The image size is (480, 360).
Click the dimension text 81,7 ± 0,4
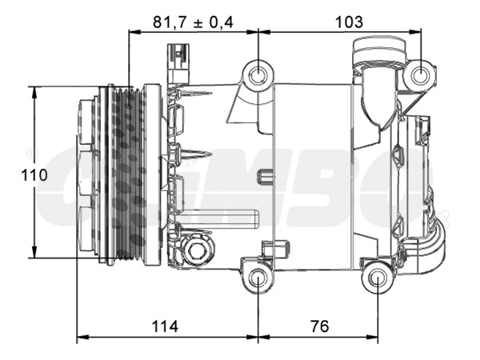pyautogui.click(x=193, y=22)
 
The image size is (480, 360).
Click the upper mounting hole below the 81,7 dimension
pyautogui.click(x=258, y=77)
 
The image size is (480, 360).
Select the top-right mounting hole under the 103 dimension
pyautogui.click(x=419, y=76)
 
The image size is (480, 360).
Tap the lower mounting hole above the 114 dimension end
pyautogui.click(x=258, y=279)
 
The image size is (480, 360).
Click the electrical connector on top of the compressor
pyautogui.click(x=178, y=63)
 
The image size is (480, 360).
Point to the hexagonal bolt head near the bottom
pyautogui.click(x=196, y=252)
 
